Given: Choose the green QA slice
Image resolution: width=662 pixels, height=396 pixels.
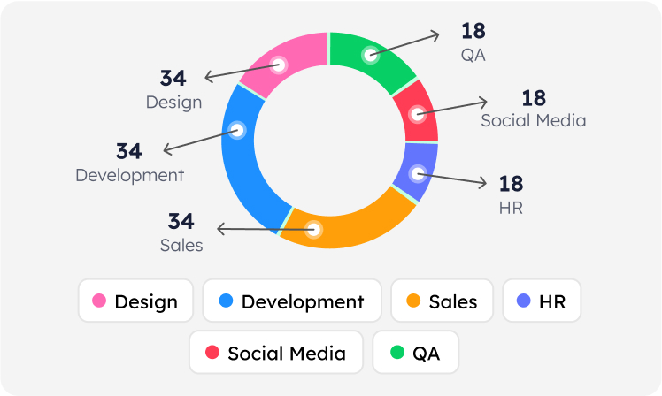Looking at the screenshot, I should (372, 55).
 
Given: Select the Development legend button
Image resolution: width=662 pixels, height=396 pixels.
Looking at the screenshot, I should (292, 301).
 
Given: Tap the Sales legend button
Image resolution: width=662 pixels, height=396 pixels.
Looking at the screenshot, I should (442, 301).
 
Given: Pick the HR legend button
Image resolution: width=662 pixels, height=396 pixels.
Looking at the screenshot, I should (542, 301).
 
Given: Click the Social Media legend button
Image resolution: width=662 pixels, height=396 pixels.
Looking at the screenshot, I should (275, 353).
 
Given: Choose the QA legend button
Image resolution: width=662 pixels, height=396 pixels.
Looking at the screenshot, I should (415, 353).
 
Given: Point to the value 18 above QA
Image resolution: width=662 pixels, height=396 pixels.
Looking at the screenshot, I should (473, 31).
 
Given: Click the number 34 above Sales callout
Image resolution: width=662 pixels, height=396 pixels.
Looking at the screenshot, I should (181, 221).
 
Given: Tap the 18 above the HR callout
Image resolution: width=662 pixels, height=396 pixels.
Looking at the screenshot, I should (511, 184).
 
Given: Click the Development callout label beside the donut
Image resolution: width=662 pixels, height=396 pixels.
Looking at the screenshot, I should (129, 175).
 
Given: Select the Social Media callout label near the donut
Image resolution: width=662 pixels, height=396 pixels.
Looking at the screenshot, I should (533, 120).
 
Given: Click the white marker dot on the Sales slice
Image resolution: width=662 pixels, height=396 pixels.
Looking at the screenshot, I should (314, 229).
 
